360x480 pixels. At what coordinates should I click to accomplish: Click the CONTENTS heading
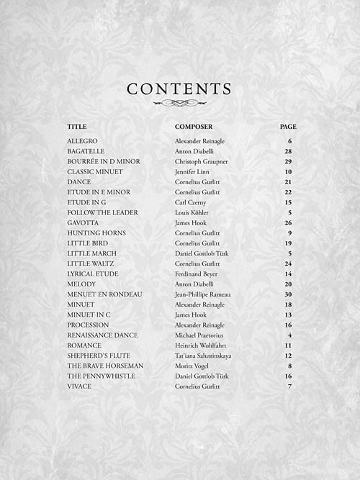tap(179, 89)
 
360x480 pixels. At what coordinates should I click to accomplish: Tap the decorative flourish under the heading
tap(179, 103)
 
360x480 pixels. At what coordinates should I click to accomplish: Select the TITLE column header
tap(76, 127)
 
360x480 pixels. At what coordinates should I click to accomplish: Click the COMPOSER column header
tap(194, 127)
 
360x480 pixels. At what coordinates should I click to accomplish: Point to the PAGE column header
tap(288, 127)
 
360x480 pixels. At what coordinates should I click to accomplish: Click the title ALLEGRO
tap(82, 141)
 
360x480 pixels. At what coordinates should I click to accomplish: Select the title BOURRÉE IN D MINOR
tap(104, 162)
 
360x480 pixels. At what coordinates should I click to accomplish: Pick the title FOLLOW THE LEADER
tap(103, 213)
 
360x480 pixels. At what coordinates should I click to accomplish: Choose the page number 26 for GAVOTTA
tap(288, 223)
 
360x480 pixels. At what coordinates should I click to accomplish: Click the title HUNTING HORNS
tap(96, 233)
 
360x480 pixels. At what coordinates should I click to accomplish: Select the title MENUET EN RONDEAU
tap(104, 294)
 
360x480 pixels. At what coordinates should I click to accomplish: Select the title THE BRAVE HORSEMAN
tap(105, 366)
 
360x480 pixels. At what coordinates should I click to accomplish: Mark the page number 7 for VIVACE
tap(289, 386)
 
